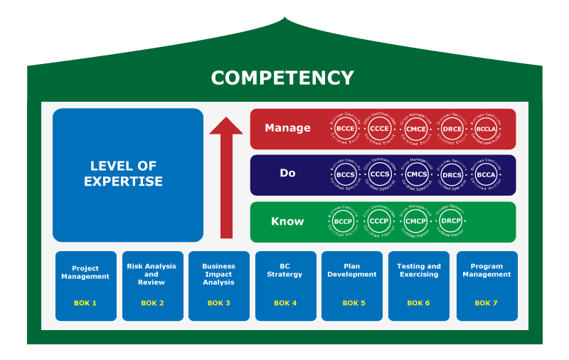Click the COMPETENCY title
point(282,78)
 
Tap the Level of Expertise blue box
point(128,174)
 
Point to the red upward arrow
point(226,178)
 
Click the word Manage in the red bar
point(287,128)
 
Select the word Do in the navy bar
point(287,174)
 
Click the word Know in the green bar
point(287,221)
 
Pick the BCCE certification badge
point(346,129)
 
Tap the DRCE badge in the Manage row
point(452,129)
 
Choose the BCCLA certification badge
point(486,129)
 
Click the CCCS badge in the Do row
point(381,174)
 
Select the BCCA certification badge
point(486,174)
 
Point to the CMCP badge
point(416,221)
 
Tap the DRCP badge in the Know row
point(452,221)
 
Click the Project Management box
point(86,285)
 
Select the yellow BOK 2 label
point(152,303)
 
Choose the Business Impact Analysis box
point(219,285)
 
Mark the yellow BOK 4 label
point(285,303)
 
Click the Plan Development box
point(352,285)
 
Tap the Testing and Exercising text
point(418,270)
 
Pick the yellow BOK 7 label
point(486,303)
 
